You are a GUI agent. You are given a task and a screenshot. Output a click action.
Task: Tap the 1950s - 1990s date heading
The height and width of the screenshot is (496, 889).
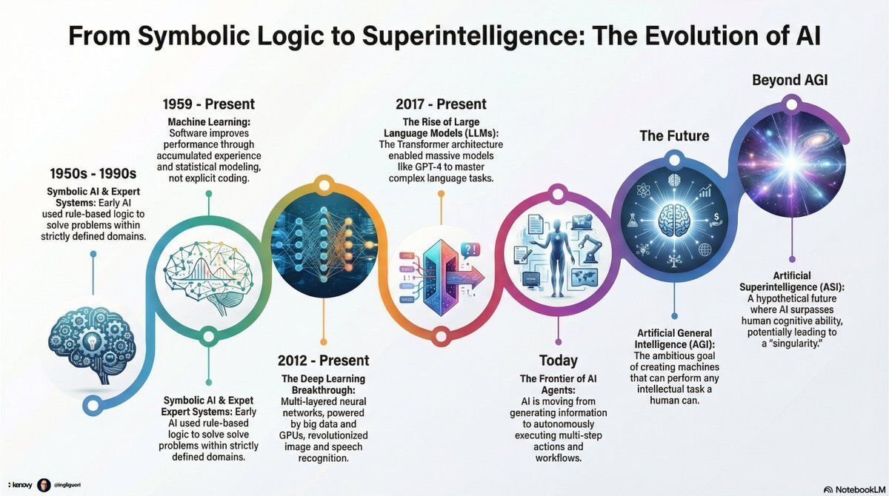93,175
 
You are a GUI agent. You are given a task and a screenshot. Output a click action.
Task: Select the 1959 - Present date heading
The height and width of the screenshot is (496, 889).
208,104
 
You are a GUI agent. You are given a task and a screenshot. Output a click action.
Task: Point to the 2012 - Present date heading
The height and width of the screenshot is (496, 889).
323,361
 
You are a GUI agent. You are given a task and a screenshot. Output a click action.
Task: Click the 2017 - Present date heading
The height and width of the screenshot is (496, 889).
442,104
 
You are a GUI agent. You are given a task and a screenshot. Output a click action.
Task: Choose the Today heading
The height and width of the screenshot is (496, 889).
558,361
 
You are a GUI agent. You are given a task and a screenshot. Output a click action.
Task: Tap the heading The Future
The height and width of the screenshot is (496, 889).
674,135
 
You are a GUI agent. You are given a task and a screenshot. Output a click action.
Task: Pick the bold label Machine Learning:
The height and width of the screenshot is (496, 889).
209,121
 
